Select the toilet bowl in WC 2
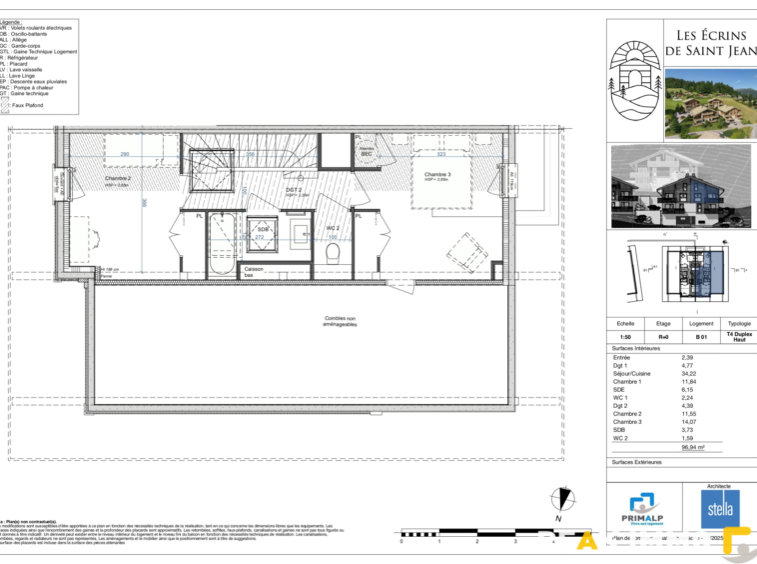pos(334,253)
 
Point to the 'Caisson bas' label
pos(254,271)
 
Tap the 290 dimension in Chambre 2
pos(125,154)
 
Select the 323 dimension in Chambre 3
pos(440,154)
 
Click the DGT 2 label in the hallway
pos(294,189)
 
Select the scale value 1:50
pos(625,338)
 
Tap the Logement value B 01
pos(701,338)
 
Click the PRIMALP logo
pos(643,510)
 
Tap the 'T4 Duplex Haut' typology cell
pos(739,338)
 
